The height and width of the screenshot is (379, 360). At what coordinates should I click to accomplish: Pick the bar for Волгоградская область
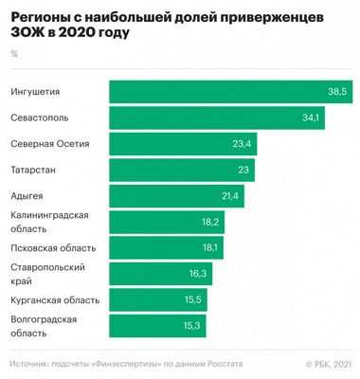pyautogui.click(x=157, y=326)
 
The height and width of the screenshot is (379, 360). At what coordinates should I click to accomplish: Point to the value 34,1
pyautogui.click(x=311, y=117)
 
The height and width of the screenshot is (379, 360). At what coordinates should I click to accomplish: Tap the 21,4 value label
pyautogui.click(x=229, y=196)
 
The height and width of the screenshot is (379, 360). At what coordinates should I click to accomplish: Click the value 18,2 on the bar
pyautogui.click(x=209, y=222)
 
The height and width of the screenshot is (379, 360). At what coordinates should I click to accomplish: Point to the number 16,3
pyautogui.click(x=197, y=274)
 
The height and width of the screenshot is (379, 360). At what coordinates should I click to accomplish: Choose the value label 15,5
pyautogui.click(x=192, y=300)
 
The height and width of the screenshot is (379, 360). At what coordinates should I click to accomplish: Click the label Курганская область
pyautogui.click(x=54, y=300)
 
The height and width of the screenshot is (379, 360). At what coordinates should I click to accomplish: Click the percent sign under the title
pyautogui.click(x=13, y=53)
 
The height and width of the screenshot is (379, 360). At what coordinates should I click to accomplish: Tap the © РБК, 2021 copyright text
pyautogui.click(x=328, y=364)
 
